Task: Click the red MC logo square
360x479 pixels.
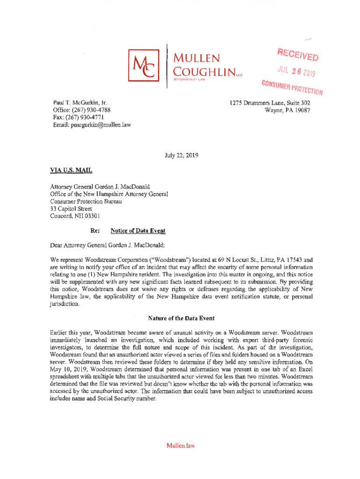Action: (143, 65)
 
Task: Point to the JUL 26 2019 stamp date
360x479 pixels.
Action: (293, 70)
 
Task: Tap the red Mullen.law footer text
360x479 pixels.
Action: (180, 445)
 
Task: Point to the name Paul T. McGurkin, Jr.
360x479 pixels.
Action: (79, 103)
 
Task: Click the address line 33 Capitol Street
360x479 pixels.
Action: (71, 209)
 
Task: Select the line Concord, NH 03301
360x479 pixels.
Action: (74, 216)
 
